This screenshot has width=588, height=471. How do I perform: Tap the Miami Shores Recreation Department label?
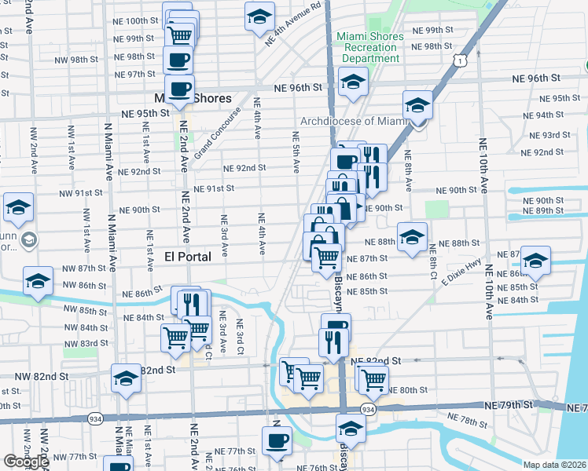coord(370,47)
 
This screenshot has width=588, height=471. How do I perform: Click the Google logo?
coord(25,461)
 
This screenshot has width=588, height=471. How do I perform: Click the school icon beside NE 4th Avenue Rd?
coord(259,16)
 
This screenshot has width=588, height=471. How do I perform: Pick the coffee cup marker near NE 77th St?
coord(276,441)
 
